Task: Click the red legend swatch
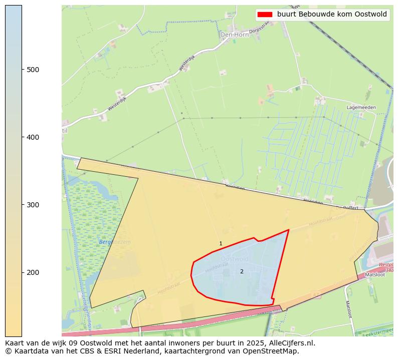tap(265, 15)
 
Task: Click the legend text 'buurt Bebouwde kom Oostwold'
tap(332, 15)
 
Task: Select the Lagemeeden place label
tap(361, 108)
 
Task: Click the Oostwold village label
tap(235, 259)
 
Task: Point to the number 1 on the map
tap(221, 244)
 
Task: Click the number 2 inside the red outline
tap(242, 271)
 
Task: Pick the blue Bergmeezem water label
tap(115, 242)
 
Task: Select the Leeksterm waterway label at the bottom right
tap(378, 331)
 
